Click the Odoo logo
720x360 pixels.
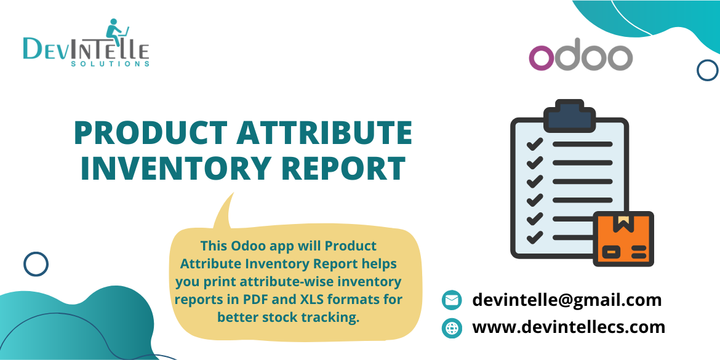(x=580, y=57)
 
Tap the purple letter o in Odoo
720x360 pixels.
(x=542, y=58)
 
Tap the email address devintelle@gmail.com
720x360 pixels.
(x=567, y=300)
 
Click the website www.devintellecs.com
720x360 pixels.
(x=569, y=327)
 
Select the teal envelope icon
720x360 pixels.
(x=452, y=300)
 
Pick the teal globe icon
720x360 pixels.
(x=452, y=328)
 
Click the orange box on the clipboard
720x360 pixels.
(x=623, y=239)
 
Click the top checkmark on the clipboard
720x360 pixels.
(x=534, y=144)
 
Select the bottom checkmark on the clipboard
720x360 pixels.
(x=534, y=236)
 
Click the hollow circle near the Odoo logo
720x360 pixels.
(x=707, y=70)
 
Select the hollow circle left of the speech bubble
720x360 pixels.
(x=36, y=264)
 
